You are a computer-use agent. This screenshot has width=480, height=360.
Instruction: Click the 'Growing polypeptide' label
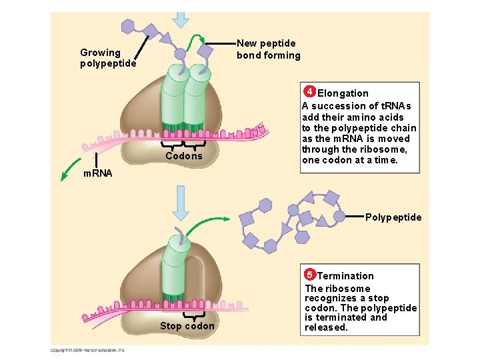(x=108, y=58)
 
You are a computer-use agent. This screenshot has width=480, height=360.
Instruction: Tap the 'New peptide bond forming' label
(x=269, y=49)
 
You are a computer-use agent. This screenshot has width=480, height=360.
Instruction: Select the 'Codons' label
(x=183, y=156)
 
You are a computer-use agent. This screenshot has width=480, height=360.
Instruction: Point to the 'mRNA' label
(x=97, y=173)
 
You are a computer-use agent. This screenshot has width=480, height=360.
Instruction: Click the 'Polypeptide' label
(x=393, y=217)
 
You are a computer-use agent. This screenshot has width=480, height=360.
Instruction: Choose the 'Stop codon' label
(x=187, y=326)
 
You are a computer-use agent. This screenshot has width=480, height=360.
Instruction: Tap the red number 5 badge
(x=309, y=274)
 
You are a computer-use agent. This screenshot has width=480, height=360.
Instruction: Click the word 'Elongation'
(x=343, y=93)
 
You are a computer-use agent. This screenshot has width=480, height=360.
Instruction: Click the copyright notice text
(x=87, y=350)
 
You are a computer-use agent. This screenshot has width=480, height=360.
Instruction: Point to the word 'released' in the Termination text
(x=326, y=327)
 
